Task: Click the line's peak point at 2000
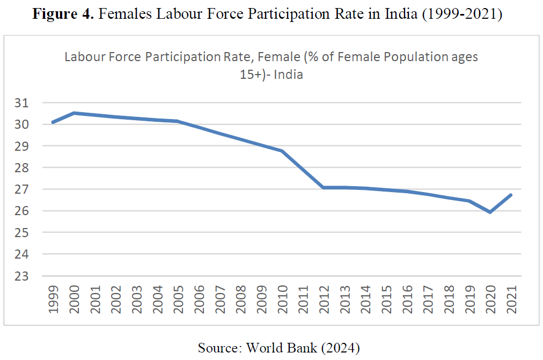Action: [x=74, y=113]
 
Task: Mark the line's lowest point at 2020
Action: [x=491, y=212]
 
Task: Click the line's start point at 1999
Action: [x=53, y=122]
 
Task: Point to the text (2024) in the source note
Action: [x=340, y=348]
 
